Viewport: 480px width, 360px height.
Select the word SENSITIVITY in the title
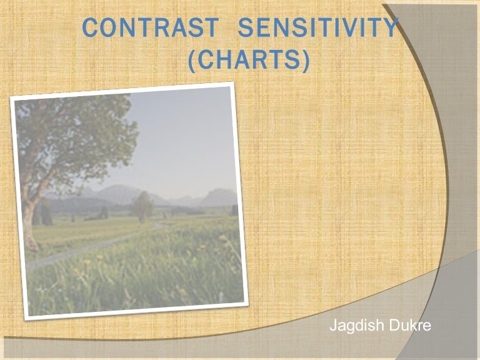pyautogui.click(x=319, y=28)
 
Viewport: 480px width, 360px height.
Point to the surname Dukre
pyautogui.click(x=407, y=326)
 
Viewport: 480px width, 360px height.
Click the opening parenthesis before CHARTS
pyautogui.click(x=193, y=60)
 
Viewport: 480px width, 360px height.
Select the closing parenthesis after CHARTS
pyautogui.click(x=304, y=60)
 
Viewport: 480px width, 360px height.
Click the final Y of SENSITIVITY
pyautogui.click(x=391, y=28)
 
